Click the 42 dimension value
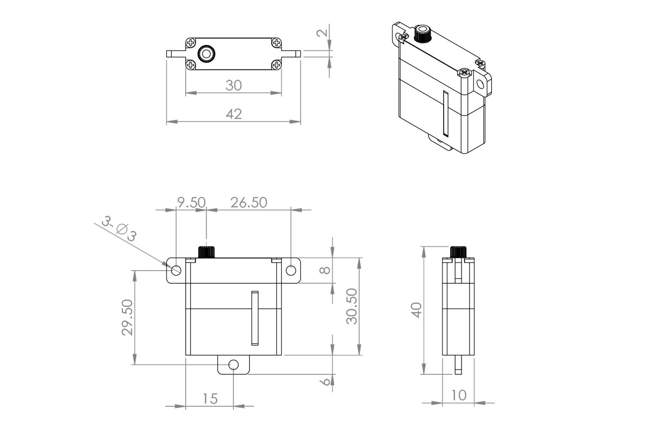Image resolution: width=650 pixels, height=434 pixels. coord(234,114)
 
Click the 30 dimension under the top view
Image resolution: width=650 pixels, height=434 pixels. coord(234,86)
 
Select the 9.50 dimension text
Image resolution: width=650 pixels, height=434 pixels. coord(192,202)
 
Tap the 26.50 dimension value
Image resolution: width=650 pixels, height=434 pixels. coord(249,202)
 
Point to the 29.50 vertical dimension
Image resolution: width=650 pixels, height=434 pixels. coord(128,317)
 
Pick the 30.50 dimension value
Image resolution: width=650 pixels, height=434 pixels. coord(352,307)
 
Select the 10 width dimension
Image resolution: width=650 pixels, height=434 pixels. coord(458,395)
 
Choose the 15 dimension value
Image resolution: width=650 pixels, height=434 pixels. coord(210,399)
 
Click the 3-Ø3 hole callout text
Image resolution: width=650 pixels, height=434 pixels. coord(119,230)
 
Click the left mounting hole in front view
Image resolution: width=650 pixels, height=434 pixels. coord(176,270)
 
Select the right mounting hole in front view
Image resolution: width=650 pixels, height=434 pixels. coord(290,270)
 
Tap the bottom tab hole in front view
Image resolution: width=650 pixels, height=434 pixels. coord(233,365)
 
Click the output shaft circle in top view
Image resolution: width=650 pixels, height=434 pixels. coord(206,53)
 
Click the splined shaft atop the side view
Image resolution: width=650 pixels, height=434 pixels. coord(458,252)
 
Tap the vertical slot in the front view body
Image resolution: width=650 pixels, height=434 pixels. coord(254,318)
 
